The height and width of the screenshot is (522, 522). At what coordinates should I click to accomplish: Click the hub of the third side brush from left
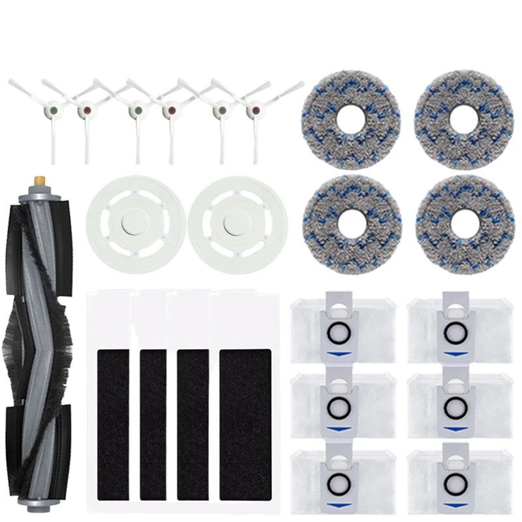pos(136,112)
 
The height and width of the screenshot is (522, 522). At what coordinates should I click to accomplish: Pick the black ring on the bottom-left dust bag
pos(337,482)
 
